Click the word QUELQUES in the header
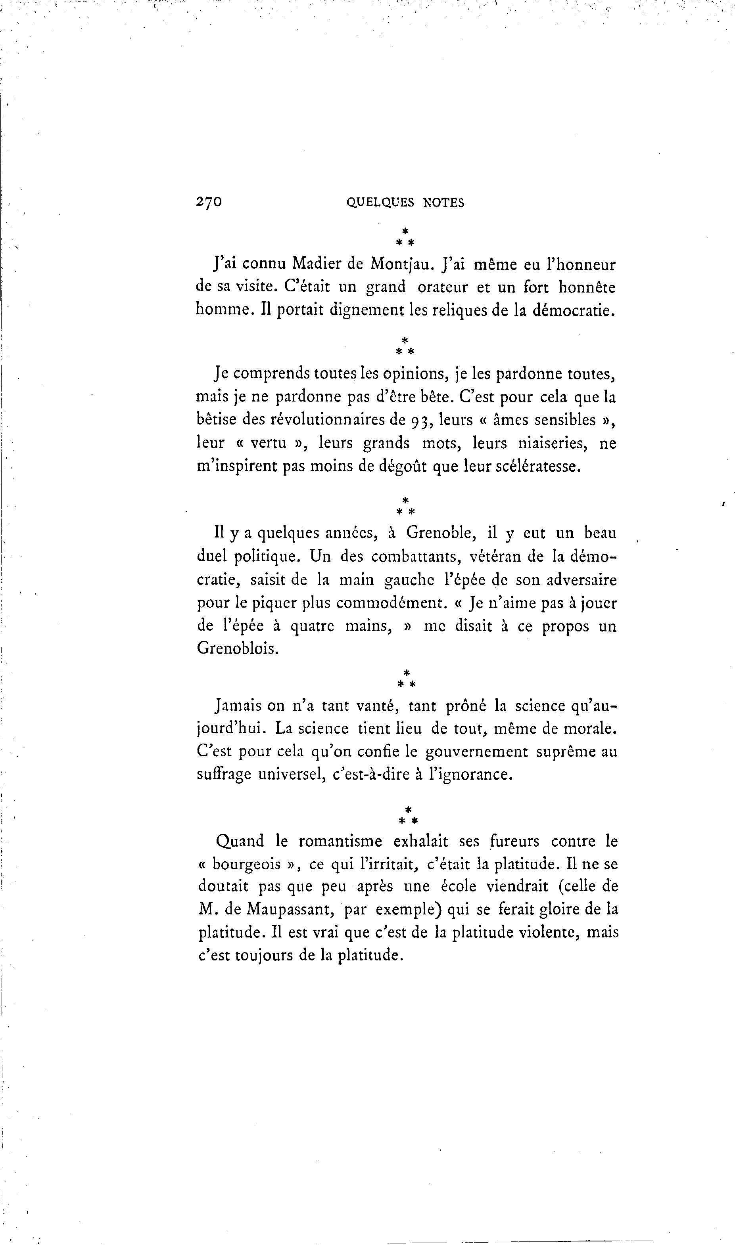(x=380, y=203)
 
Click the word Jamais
(x=238, y=706)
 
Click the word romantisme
(x=340, y=841)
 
